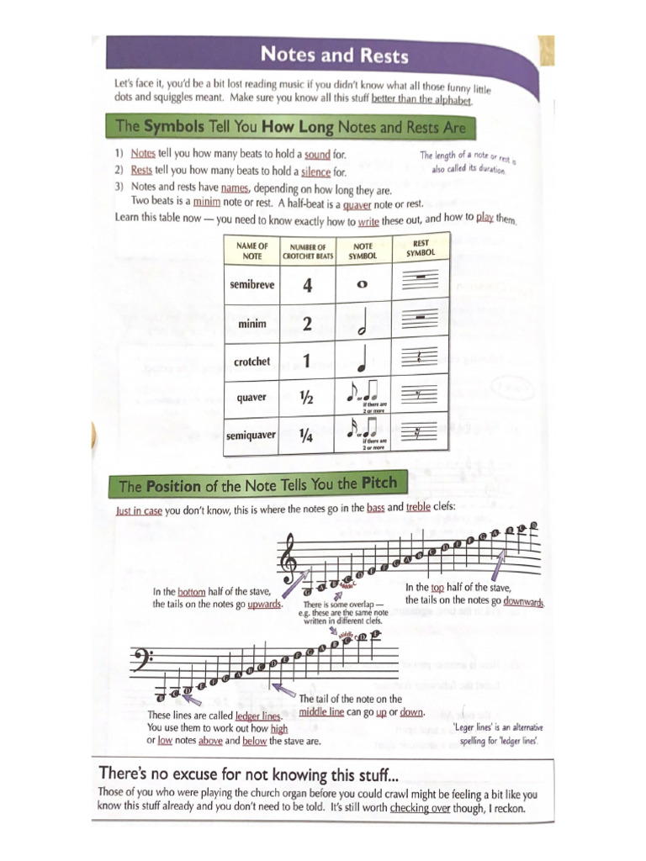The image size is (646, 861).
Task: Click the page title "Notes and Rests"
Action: point(333,55)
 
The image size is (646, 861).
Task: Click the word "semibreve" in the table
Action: point(252,285)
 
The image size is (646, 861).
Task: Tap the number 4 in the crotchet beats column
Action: point(307,286)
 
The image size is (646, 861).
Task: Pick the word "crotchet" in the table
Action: point(252,362)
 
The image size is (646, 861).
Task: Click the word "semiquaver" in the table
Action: point(251,436)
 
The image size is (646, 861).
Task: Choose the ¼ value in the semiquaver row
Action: point(307,436)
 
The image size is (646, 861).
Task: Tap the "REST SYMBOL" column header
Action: point(421,248)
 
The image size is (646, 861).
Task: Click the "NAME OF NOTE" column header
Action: point(252,251)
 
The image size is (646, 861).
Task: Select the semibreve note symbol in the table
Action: point(363,285)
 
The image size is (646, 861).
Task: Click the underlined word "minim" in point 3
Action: point(206,203)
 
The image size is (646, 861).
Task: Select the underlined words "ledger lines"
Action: point(257,716)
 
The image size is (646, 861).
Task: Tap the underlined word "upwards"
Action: point(264,605)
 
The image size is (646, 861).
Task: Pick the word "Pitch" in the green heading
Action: point(378,483)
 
